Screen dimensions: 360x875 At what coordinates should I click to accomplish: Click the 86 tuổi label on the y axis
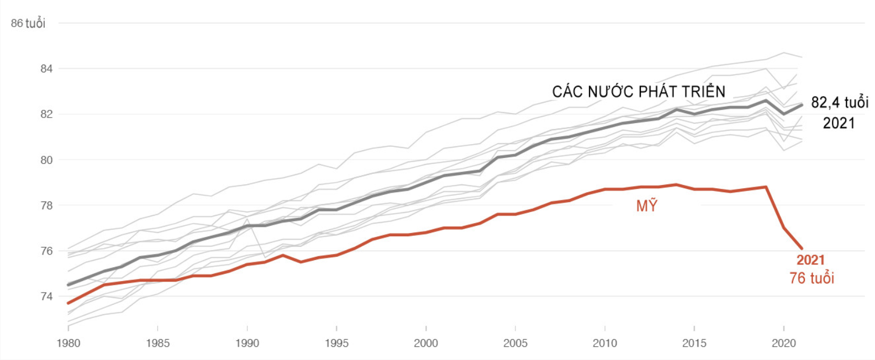coord(28,23)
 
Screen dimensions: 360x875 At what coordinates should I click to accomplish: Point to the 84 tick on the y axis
coord(46,69)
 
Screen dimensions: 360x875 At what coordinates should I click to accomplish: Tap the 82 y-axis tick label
coord(46,114)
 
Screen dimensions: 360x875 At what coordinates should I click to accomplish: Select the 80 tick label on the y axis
coord(46,160)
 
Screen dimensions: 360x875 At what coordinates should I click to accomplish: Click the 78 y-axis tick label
coord(46,205)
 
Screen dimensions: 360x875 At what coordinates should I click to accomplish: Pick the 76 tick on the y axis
coord(46,251)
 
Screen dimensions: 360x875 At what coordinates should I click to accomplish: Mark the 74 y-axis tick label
coord(46,297)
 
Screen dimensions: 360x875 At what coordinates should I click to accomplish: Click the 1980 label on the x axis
coord(68,343)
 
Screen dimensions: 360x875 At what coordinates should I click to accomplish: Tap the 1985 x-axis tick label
coord(158,343)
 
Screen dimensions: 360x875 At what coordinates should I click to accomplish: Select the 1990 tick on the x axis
coord(247,343)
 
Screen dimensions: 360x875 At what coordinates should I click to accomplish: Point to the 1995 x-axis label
coord(336,343)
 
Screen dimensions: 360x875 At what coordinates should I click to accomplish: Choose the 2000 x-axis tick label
coord(426,343)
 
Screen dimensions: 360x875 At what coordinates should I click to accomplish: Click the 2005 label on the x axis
coord(515,343)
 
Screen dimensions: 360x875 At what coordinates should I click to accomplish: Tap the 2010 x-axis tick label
coord(605,343)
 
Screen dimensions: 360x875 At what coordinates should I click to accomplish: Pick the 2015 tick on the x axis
coord(694,343)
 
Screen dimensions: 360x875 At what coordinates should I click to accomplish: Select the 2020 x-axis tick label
coord(784,343)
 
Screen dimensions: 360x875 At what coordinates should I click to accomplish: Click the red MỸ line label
coord(647,206)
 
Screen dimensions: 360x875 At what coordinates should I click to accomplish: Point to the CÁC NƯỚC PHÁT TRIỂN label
coord(639,92)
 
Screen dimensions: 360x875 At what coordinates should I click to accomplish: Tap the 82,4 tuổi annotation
coord(840,103)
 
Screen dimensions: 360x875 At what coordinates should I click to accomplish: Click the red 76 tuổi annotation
coord(811,278)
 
